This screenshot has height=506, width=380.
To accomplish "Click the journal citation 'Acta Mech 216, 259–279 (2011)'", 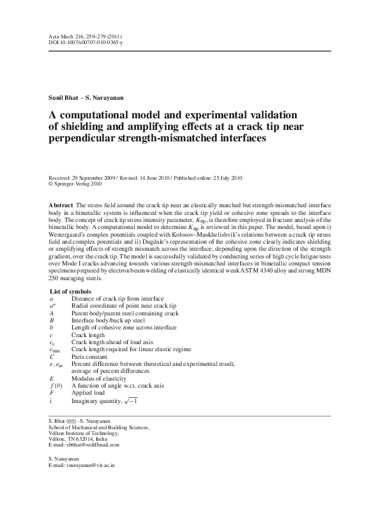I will [85, 37].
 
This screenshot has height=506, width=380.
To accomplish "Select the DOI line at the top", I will [86, 43].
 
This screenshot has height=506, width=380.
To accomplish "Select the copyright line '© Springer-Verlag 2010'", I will [74, 184].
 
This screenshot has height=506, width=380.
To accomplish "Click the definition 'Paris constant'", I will [90, 356].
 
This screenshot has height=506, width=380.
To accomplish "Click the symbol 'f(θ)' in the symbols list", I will [56, 386].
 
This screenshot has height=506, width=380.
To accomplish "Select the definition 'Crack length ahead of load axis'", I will [112, 342].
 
